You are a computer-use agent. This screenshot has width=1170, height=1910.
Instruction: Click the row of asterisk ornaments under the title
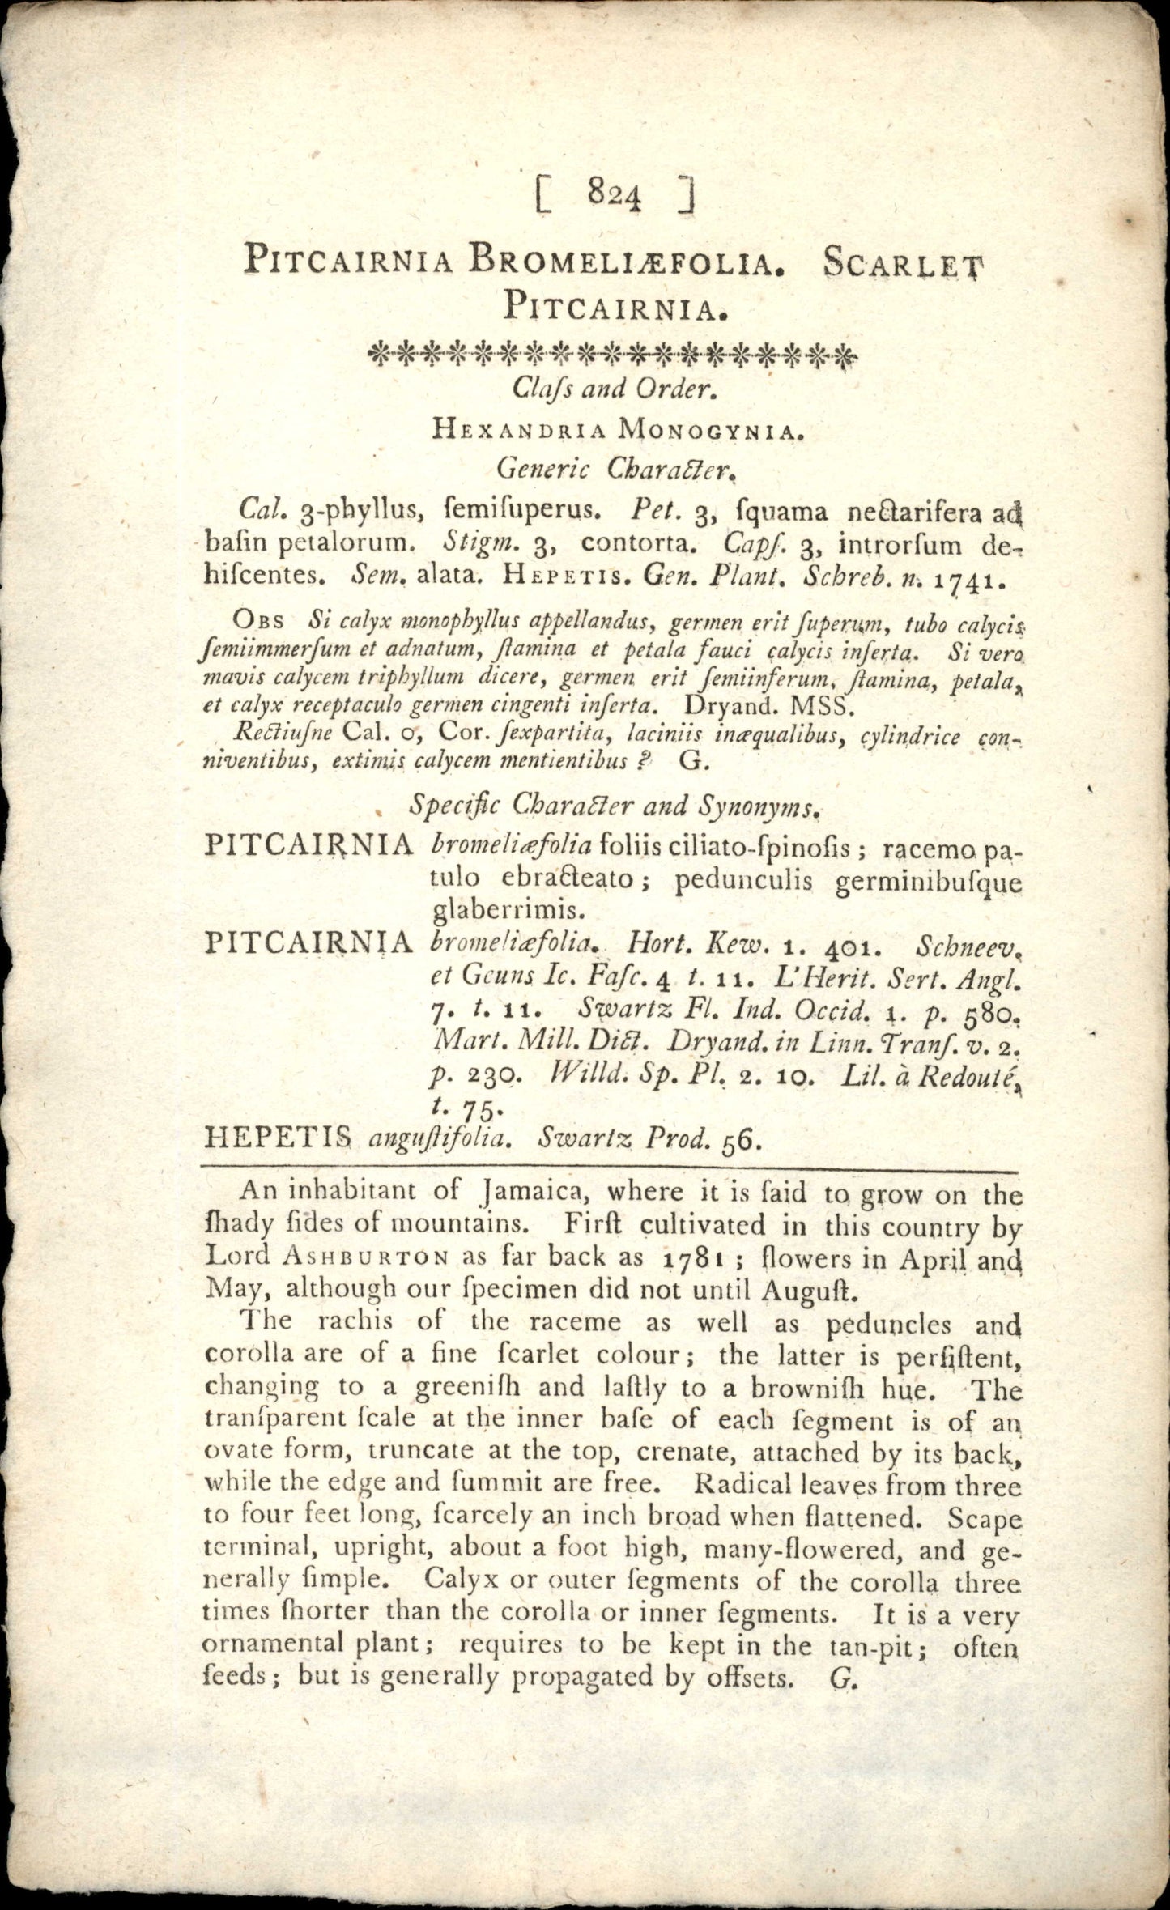point(612,354)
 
